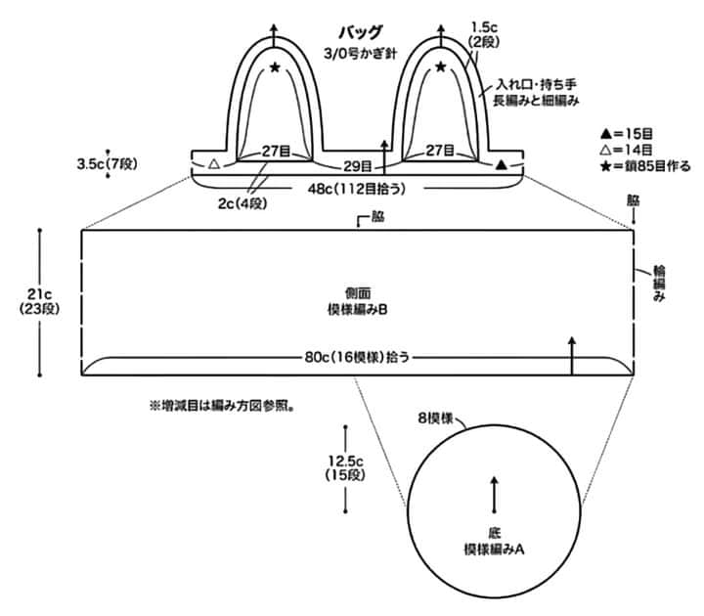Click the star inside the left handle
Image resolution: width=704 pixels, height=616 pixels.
point(275,67)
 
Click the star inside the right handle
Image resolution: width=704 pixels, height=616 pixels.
point(441,67)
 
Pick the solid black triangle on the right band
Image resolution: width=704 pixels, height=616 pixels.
point(502,164)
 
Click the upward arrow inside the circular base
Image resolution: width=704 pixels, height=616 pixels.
point(495,493)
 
